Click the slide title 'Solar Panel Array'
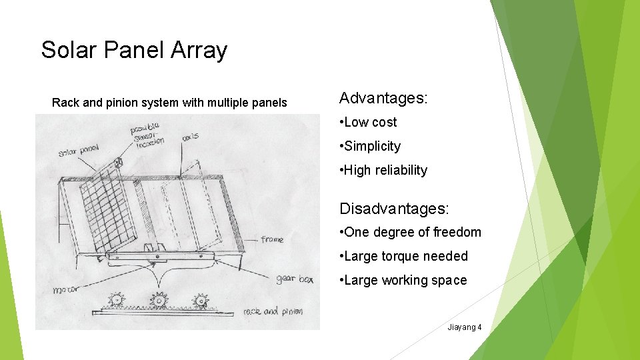(134, 50)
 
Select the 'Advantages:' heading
(383, 98)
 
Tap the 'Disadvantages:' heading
(394, 208)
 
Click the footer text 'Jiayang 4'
(465, 327)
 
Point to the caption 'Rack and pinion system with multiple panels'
(169, 103)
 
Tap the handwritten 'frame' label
(271, 239)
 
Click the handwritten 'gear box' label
(294, 279)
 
